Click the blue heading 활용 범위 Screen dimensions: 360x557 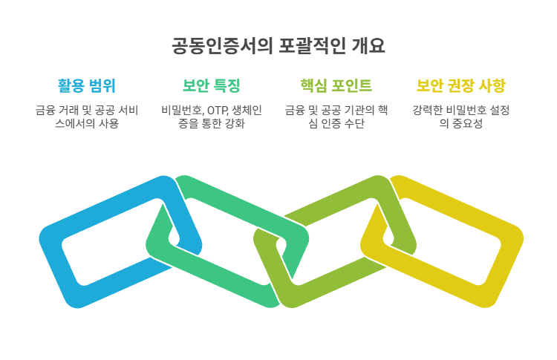tap(86, 85)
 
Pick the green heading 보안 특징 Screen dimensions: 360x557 tap(211, 85)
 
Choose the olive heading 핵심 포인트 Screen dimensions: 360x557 tap(336, 85)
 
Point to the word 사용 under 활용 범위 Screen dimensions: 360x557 tap(108, 124)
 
